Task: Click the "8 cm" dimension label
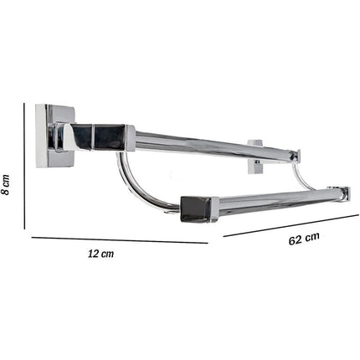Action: click(x=5, y=184)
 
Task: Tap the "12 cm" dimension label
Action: click(x=100, y=254)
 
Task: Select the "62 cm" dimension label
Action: click(x=304, y=239)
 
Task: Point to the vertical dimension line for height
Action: click(x=24, y=166)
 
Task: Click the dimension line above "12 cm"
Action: click(x=120, y=240)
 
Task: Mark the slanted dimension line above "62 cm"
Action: click(x=291, y=225)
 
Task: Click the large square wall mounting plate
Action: click(x=54, y=136)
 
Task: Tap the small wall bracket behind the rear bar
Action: click(x=255, y=157)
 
